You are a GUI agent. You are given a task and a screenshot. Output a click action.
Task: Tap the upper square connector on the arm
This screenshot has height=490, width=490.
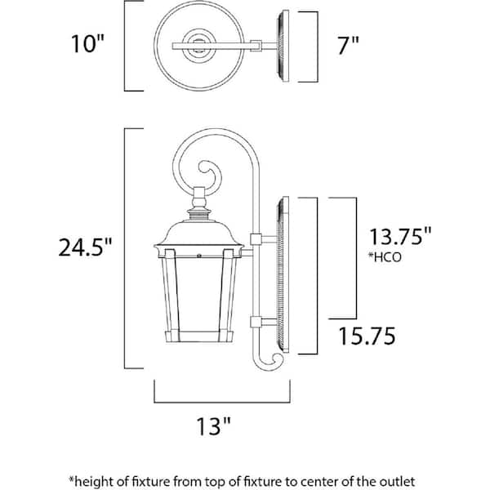coord(254,238)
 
